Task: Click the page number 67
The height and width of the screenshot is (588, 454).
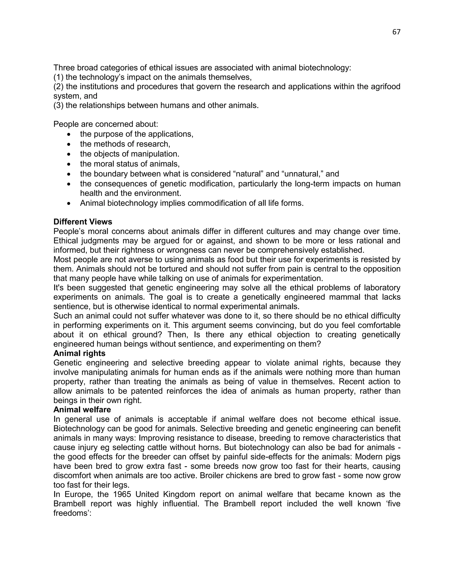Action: coord(396,32)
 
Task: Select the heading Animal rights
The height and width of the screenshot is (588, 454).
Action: coord(79,353)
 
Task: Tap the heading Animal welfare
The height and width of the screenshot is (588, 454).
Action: coord(82,410)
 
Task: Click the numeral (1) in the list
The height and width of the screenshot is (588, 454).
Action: coord(58,77)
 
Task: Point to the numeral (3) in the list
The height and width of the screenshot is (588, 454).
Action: coord(58,105)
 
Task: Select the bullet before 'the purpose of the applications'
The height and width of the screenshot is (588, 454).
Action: coord(69,134)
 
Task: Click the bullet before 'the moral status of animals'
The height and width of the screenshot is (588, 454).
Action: coord(69,164)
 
